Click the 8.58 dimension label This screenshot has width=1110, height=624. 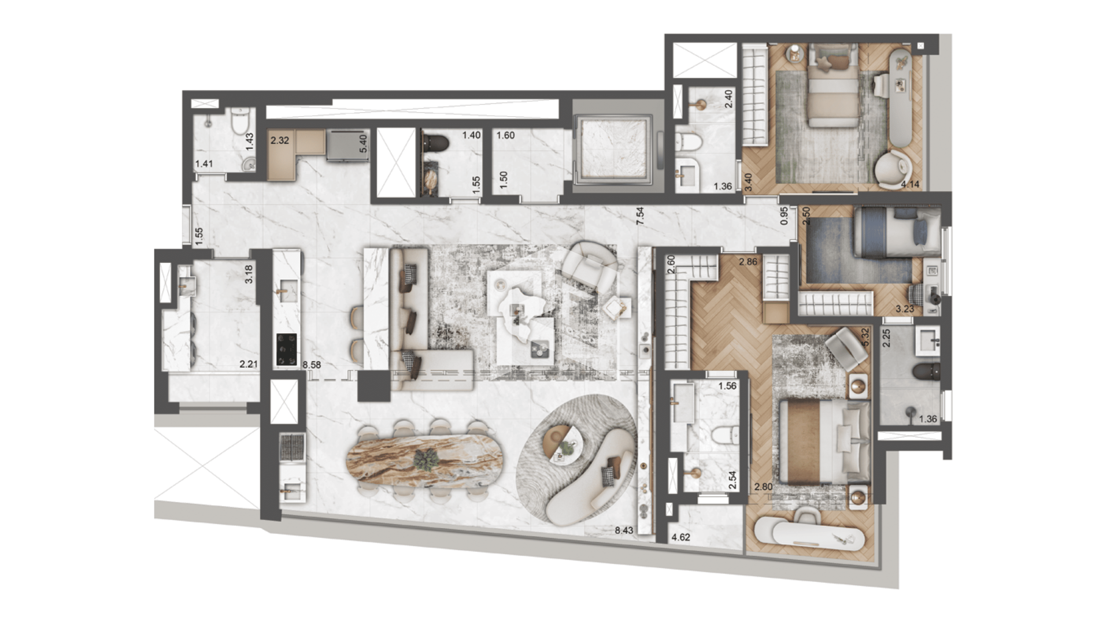click(x=312, y=365)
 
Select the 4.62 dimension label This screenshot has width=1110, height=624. click(x=681, y=537)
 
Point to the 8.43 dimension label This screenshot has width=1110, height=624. click(x=624, y=530)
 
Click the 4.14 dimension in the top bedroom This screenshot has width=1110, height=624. click(x=909, y=184)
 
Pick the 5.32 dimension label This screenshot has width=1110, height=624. click(x=865, y=337)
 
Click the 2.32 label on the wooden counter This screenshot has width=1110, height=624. click(x=280, y=140)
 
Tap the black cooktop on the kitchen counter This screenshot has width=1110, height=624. click(x=286, y=350)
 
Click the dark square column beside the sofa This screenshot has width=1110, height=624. click(x=374, y=386)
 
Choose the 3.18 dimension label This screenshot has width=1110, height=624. click(x=249, y=274)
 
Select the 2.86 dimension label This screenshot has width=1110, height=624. click(x=748, y=262)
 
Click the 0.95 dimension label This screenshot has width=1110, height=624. click(x=785, y=216)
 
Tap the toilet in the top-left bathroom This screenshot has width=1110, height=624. click(x=239, y=121)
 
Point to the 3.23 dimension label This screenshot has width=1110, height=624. click(x=905, y=309)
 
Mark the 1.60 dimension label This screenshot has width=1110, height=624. click(x=505, y=135)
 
